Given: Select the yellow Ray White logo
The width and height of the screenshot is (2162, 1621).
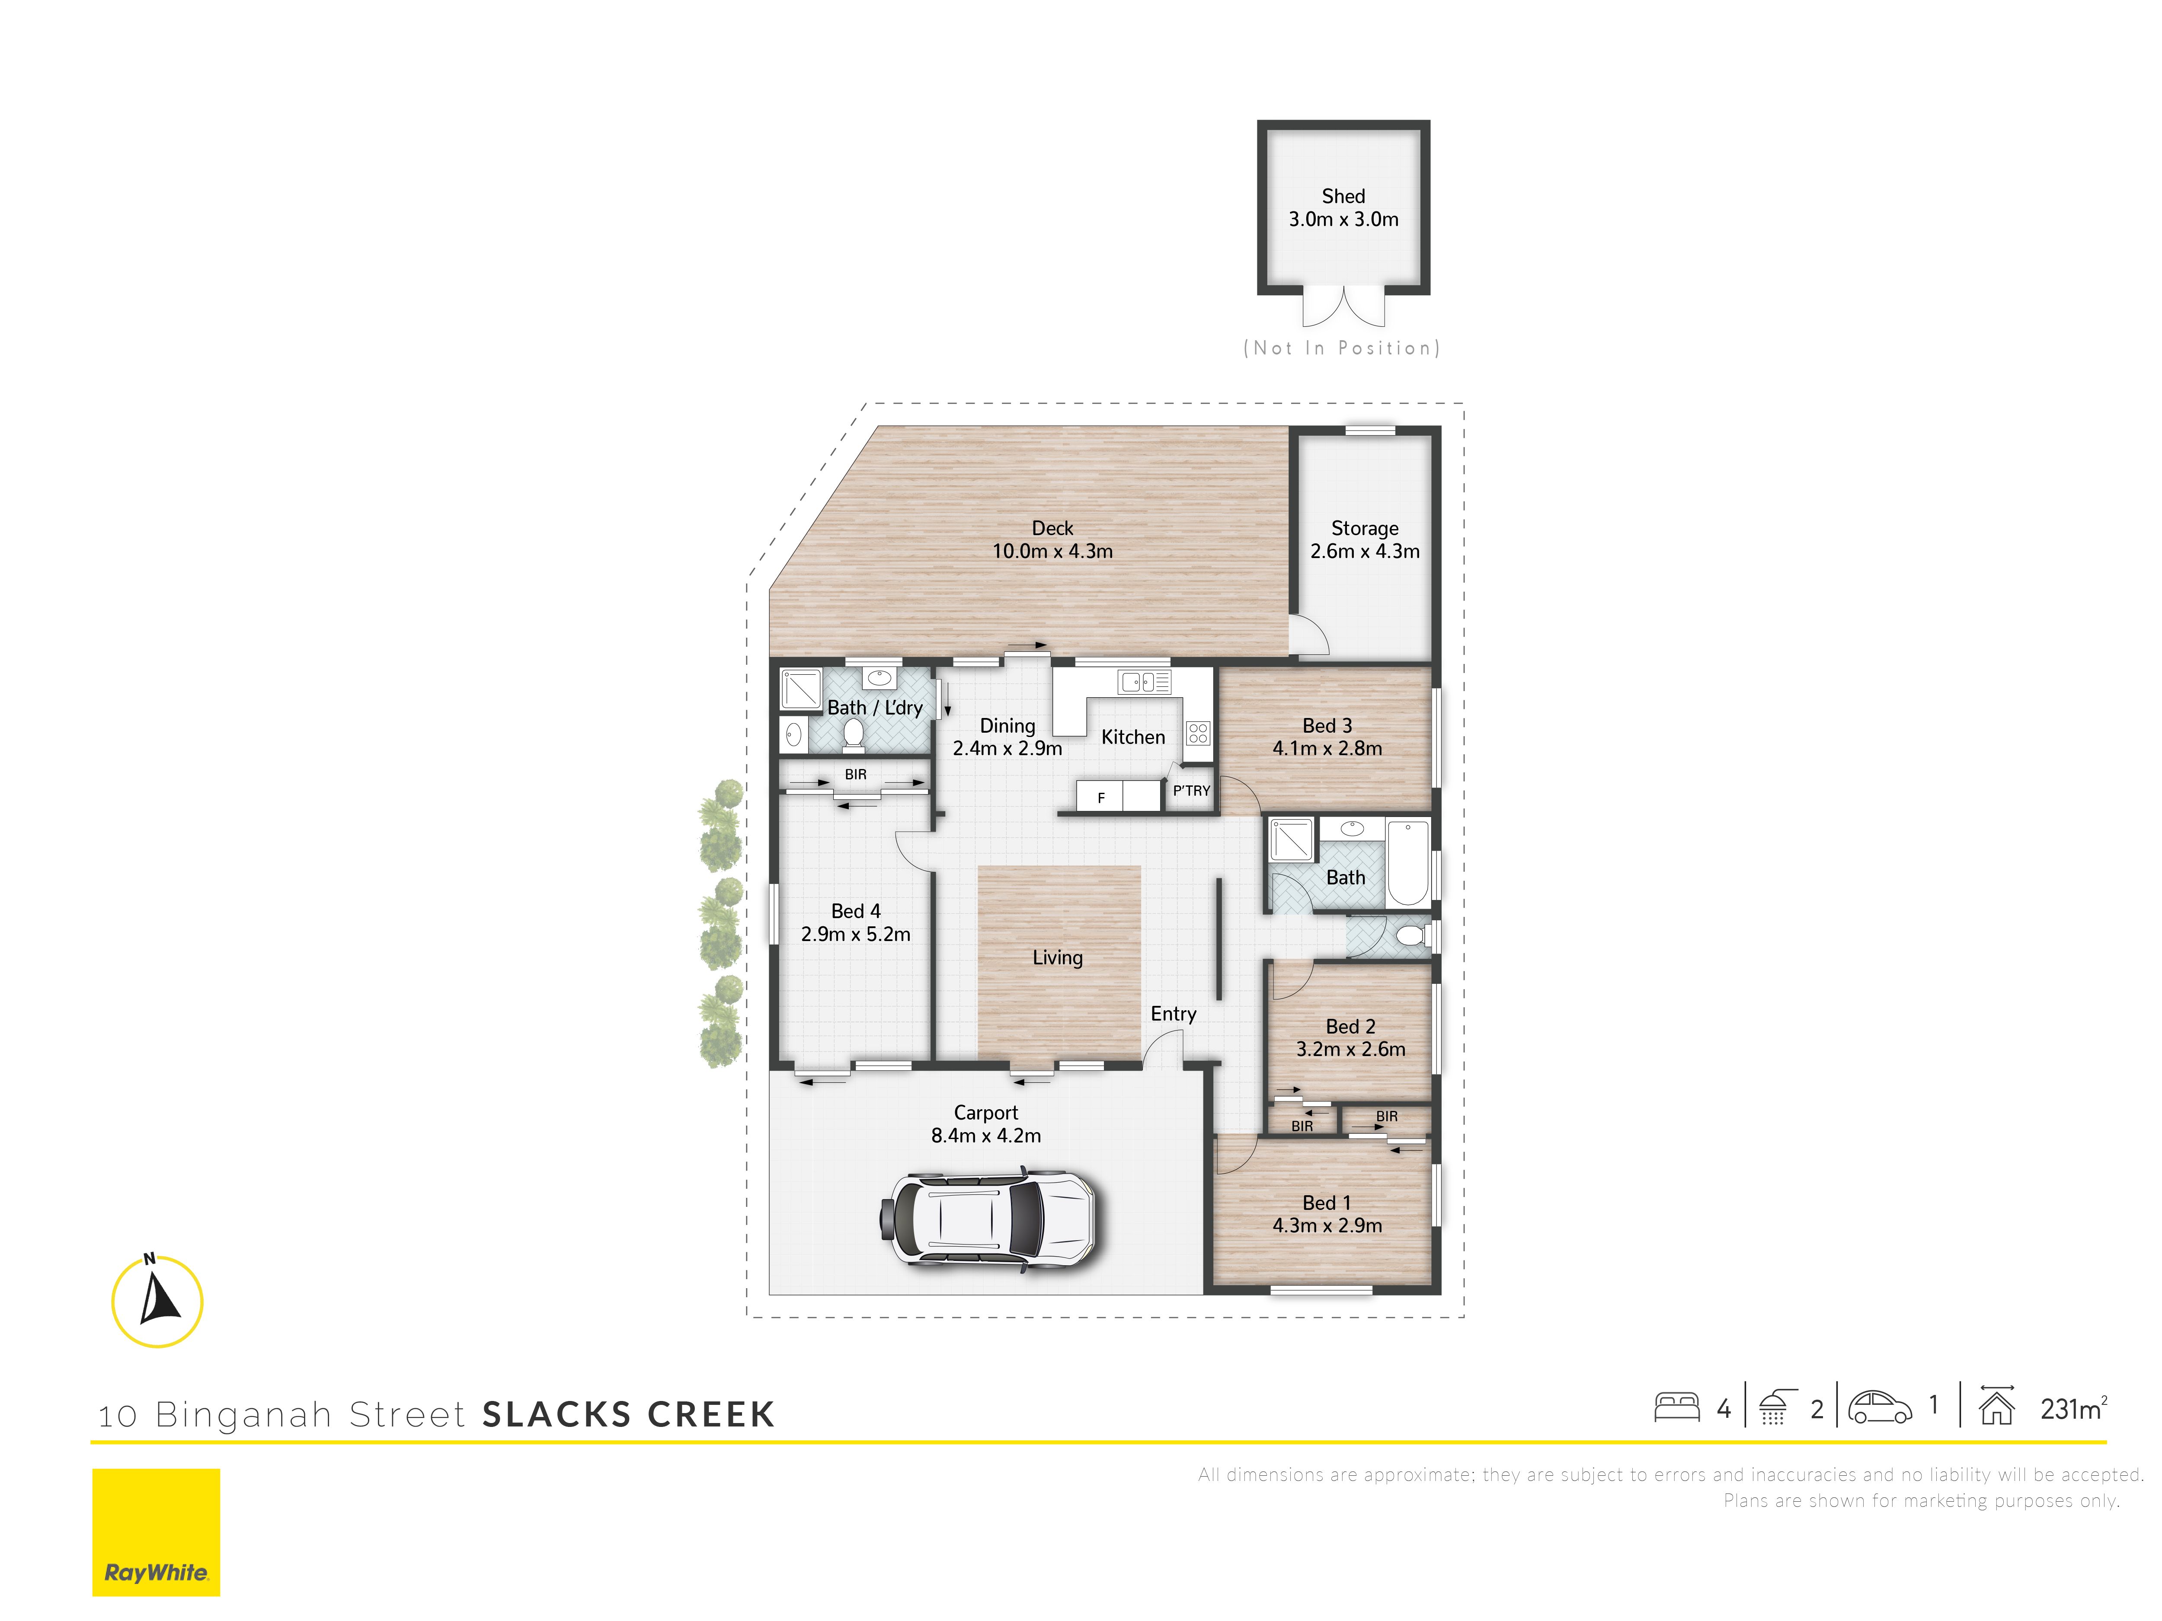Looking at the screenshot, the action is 157,1532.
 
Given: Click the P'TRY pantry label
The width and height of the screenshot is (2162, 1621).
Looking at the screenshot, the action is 1191,791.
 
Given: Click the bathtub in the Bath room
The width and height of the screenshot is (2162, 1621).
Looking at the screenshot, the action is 1407,864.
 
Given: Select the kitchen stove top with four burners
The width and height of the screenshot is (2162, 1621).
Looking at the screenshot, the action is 1198,733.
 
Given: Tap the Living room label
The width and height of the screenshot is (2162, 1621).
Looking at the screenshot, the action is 1058,957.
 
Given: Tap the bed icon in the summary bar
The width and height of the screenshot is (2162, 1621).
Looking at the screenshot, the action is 1677,1407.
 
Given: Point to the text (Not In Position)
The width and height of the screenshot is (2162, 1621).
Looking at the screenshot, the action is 1342,348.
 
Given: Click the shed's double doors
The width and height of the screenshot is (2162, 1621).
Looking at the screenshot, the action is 1344,306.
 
